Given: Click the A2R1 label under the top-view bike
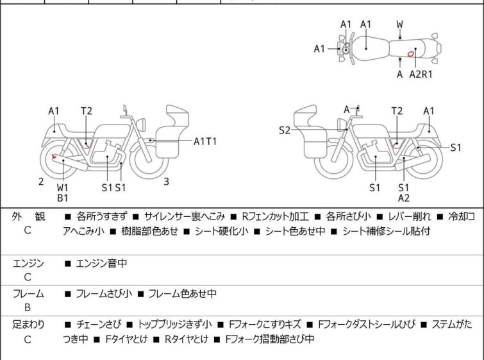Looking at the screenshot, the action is [x=421, y=74].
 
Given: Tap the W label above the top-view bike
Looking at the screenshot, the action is [x=400, y=24].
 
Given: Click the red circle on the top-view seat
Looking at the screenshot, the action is [x=410, y=54].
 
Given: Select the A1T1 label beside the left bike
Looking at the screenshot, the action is [x=205, y=142].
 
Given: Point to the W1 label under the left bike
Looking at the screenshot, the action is [x=62, y=187].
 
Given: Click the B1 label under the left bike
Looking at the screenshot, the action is [x=62, y=198].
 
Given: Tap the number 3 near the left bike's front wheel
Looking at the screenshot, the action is [x=167, y=182].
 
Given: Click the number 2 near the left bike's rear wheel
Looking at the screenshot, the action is [x=41, y=182].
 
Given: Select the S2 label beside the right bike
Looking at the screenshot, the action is [x=285, y=130].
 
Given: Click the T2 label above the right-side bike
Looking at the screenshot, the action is [x=397, y=110].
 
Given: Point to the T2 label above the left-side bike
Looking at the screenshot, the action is [x=87, y=110].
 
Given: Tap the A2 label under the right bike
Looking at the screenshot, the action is [x=404, y=198].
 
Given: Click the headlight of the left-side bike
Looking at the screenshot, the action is [x=141, y=124].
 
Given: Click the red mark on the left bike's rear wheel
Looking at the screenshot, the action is [x=54, y=157].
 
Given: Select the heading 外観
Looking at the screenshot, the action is [x=28, y=216].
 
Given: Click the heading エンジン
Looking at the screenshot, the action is [x=28, y=263].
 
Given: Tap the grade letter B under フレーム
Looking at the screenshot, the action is [x=28, y=307].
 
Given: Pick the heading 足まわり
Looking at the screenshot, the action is [x=28, y=325].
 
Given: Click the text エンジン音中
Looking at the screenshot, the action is [x=101, y=263].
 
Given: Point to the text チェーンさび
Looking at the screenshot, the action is [x=99, y=325].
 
